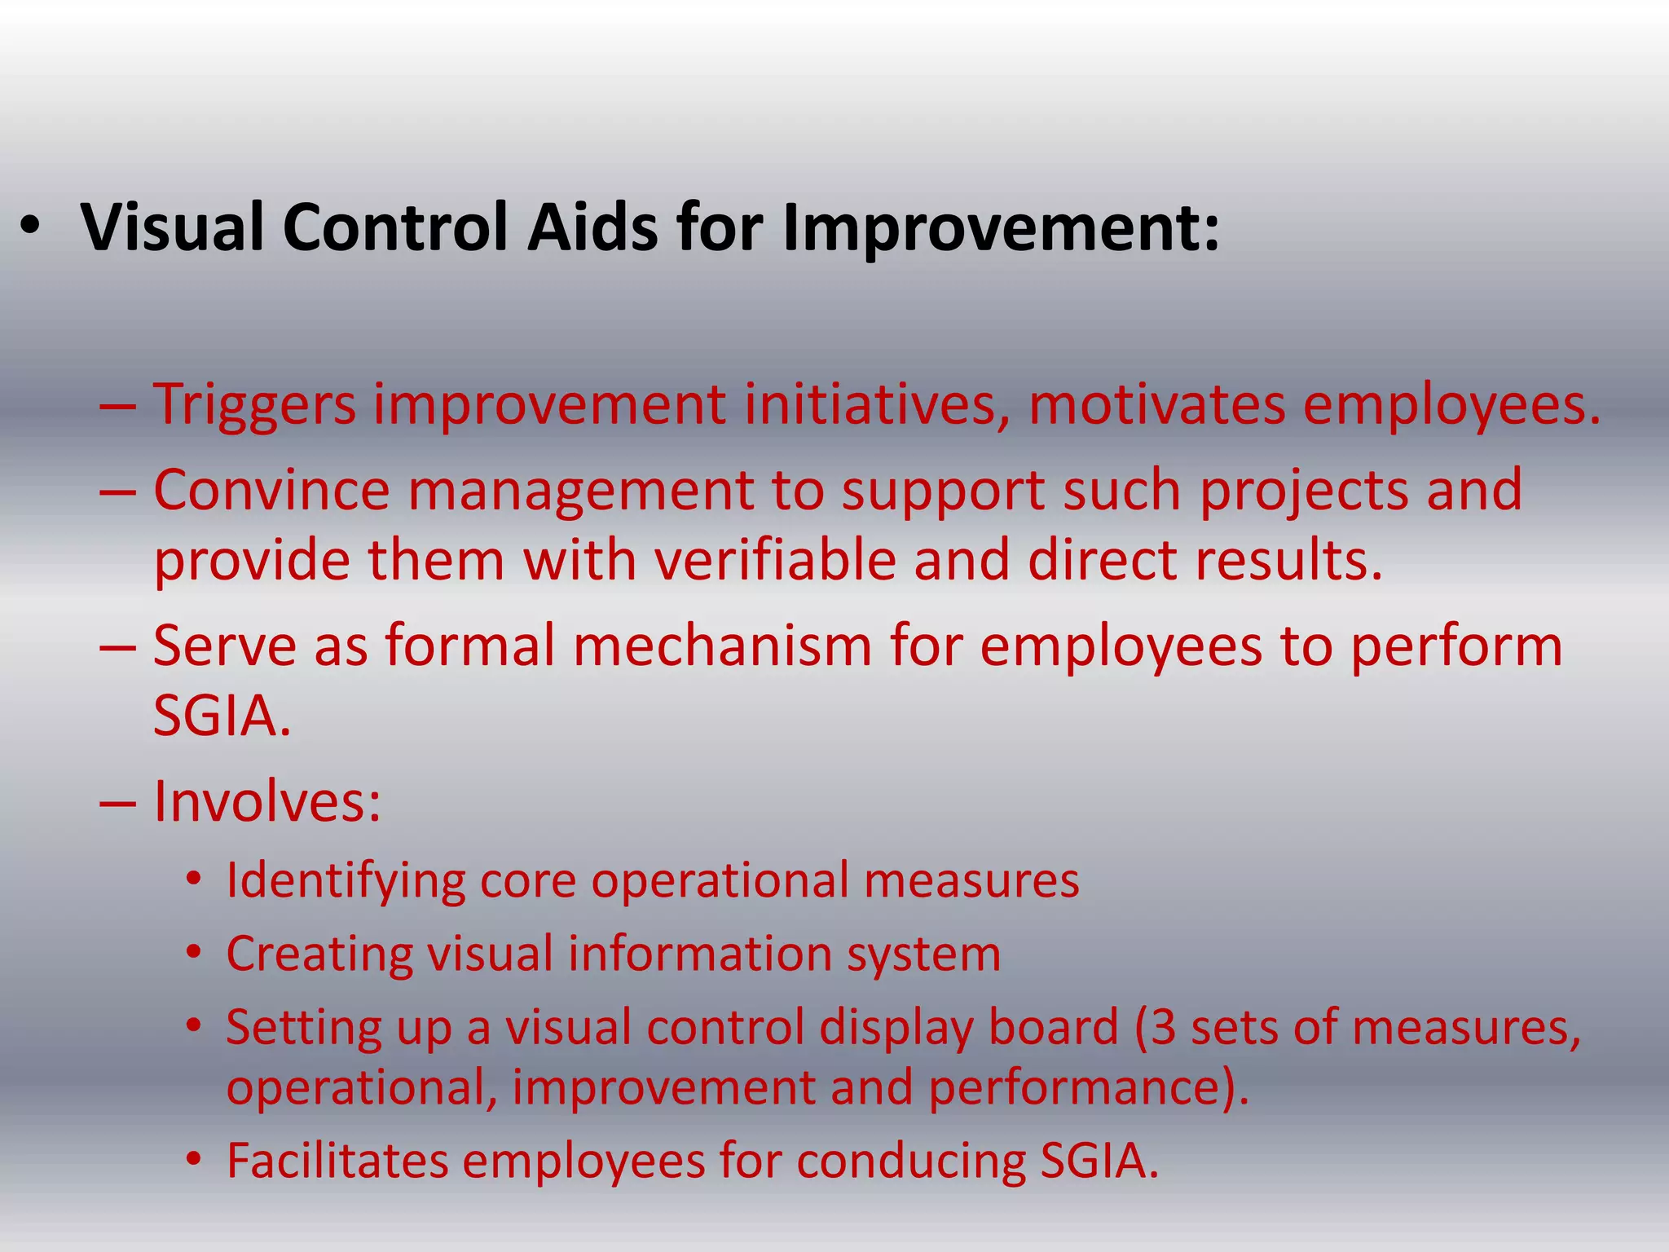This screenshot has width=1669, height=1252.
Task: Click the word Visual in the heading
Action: (172, 227)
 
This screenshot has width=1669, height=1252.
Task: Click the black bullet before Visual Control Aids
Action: (30, 229)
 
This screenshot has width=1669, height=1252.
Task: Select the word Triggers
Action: (255, 405)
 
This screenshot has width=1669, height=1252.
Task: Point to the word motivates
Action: (1157, 405)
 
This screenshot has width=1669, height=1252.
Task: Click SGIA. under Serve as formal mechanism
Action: (222, 716)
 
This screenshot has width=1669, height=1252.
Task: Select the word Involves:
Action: (267, 802)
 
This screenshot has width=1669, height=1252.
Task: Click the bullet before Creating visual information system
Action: (193, 953)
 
